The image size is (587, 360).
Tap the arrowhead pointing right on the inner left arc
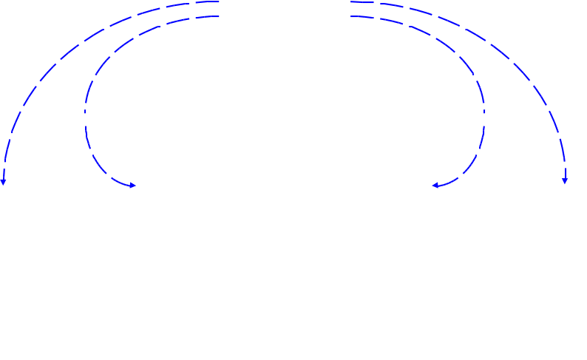click(132, 185)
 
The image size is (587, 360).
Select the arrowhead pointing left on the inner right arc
click(435, 185)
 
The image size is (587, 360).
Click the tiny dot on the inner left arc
click(86, 112)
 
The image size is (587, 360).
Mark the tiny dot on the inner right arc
click(484, 112)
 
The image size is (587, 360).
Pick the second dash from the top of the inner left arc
click(177, 21)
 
